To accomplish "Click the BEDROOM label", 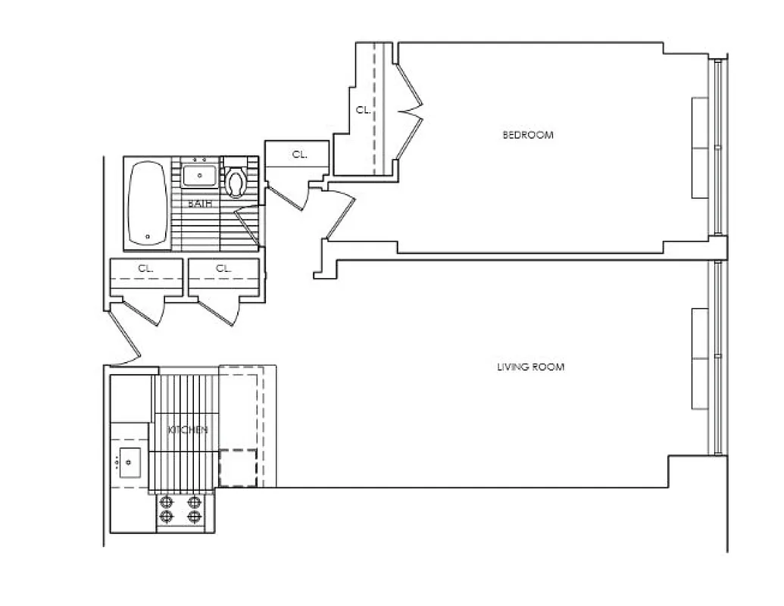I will click(x=528, y=136).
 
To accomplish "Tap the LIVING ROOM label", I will click(x=530, y=367).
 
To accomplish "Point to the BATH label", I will click(x=199, y=204).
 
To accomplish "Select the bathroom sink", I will click(x=200, y=176).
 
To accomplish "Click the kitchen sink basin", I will click(x=130, y=459).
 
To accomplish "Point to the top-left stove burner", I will click(x=167, y=501).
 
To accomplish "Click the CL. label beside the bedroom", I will click(x=364, y=110).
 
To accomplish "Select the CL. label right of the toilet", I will click(x=300, y=155).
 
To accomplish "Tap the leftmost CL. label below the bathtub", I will click(x=146, y=268).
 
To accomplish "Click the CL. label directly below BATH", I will click(x=223, y=268).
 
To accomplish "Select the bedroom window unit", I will click(x=701, y=148).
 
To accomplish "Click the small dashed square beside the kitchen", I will click(x=238, y=467).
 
